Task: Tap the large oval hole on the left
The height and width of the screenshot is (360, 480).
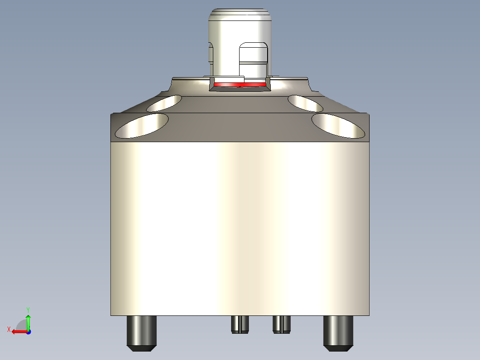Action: tap(142, 125)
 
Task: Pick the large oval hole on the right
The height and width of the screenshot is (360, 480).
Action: tap(338, 125)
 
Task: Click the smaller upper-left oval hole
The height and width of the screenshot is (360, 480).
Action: tap(164, 103)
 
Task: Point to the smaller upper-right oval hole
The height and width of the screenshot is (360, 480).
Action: tap(305, 103)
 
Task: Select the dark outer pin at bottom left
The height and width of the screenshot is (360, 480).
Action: tap(142, 330)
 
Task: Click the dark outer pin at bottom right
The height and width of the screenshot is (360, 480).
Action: tap(338, 330)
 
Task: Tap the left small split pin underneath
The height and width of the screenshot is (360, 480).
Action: tap(240, 324)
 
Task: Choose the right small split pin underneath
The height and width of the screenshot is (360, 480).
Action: tap(281, 324)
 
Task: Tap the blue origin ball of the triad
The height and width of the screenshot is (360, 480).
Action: tap(28, 331)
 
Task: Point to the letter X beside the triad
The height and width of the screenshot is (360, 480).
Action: tap(9, 329)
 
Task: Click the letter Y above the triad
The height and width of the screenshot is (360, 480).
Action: tap(28, 309)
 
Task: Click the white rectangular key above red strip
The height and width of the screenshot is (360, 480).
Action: tap(229, 79)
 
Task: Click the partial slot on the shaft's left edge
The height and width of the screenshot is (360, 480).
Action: tap(211, 53)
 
